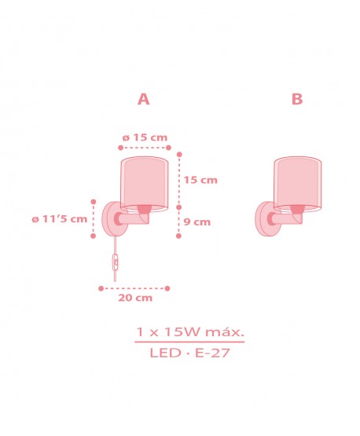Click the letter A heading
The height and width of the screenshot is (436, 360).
point(143,99)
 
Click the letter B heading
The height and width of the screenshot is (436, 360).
point(296,99)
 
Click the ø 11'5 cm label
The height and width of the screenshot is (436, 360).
point(60,218)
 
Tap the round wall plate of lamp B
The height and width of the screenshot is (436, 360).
point(263,219)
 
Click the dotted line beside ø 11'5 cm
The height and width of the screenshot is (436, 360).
point(94,218)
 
